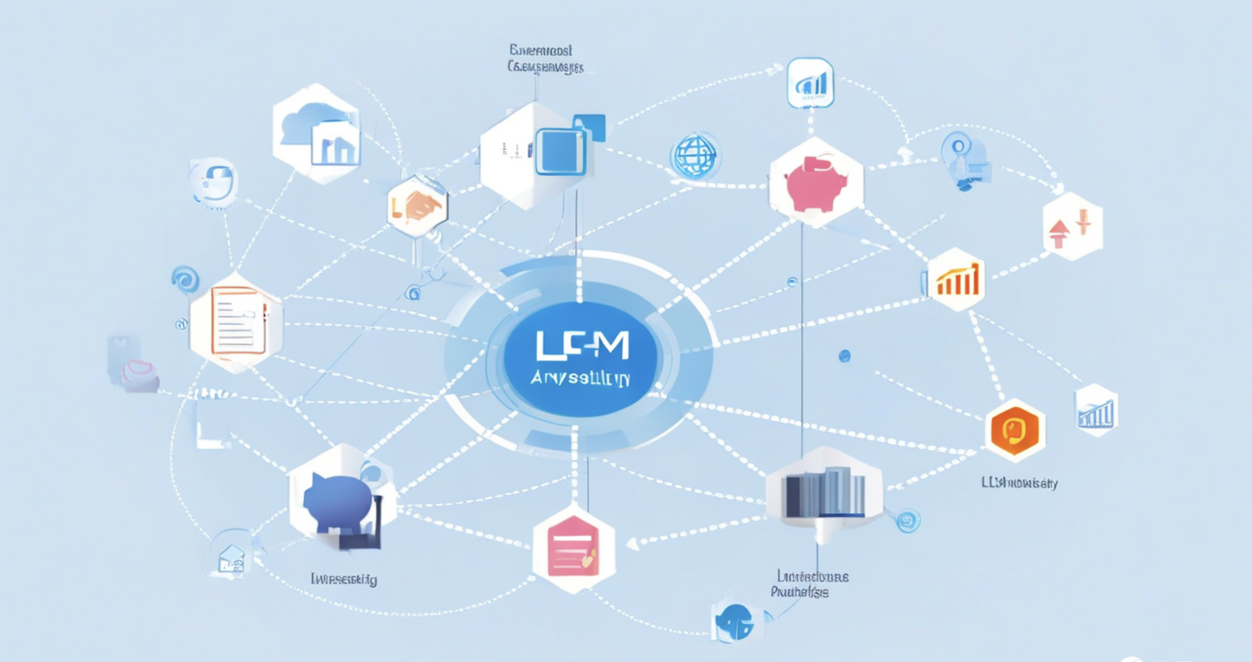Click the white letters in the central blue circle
click(x=582, y=346)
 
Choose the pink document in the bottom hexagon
click(x=573, y=546)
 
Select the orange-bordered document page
click(x=238, y=320)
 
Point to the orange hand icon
click(x=419, y=206)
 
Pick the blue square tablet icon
click(x=561, y=152)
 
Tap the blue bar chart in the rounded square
click(x=811, y=83)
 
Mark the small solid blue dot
click(x=844, y=357)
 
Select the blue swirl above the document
click(x=185, y=279)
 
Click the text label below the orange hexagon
click(x=1019, y=483)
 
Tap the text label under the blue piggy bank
click(x=344, y=579)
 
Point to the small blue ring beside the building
click(x=908, y=520)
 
